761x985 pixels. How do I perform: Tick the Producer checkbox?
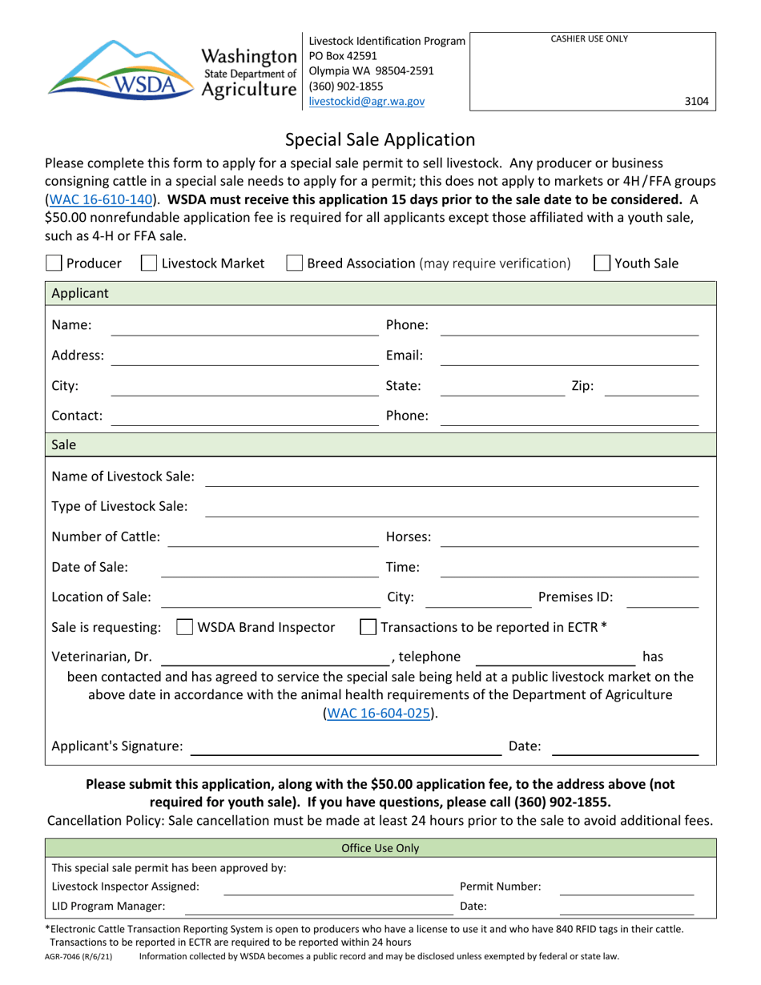(54, 263)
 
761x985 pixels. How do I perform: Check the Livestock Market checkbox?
(148, 263)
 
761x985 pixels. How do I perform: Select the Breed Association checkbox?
(294, 263)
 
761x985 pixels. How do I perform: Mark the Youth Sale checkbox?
(602, 263)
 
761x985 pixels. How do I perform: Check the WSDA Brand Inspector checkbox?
(183, 626)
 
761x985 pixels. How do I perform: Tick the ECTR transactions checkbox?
(368, 626)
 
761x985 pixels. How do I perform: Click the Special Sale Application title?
(380, 140)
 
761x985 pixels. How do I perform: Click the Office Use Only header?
(380, 848)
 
